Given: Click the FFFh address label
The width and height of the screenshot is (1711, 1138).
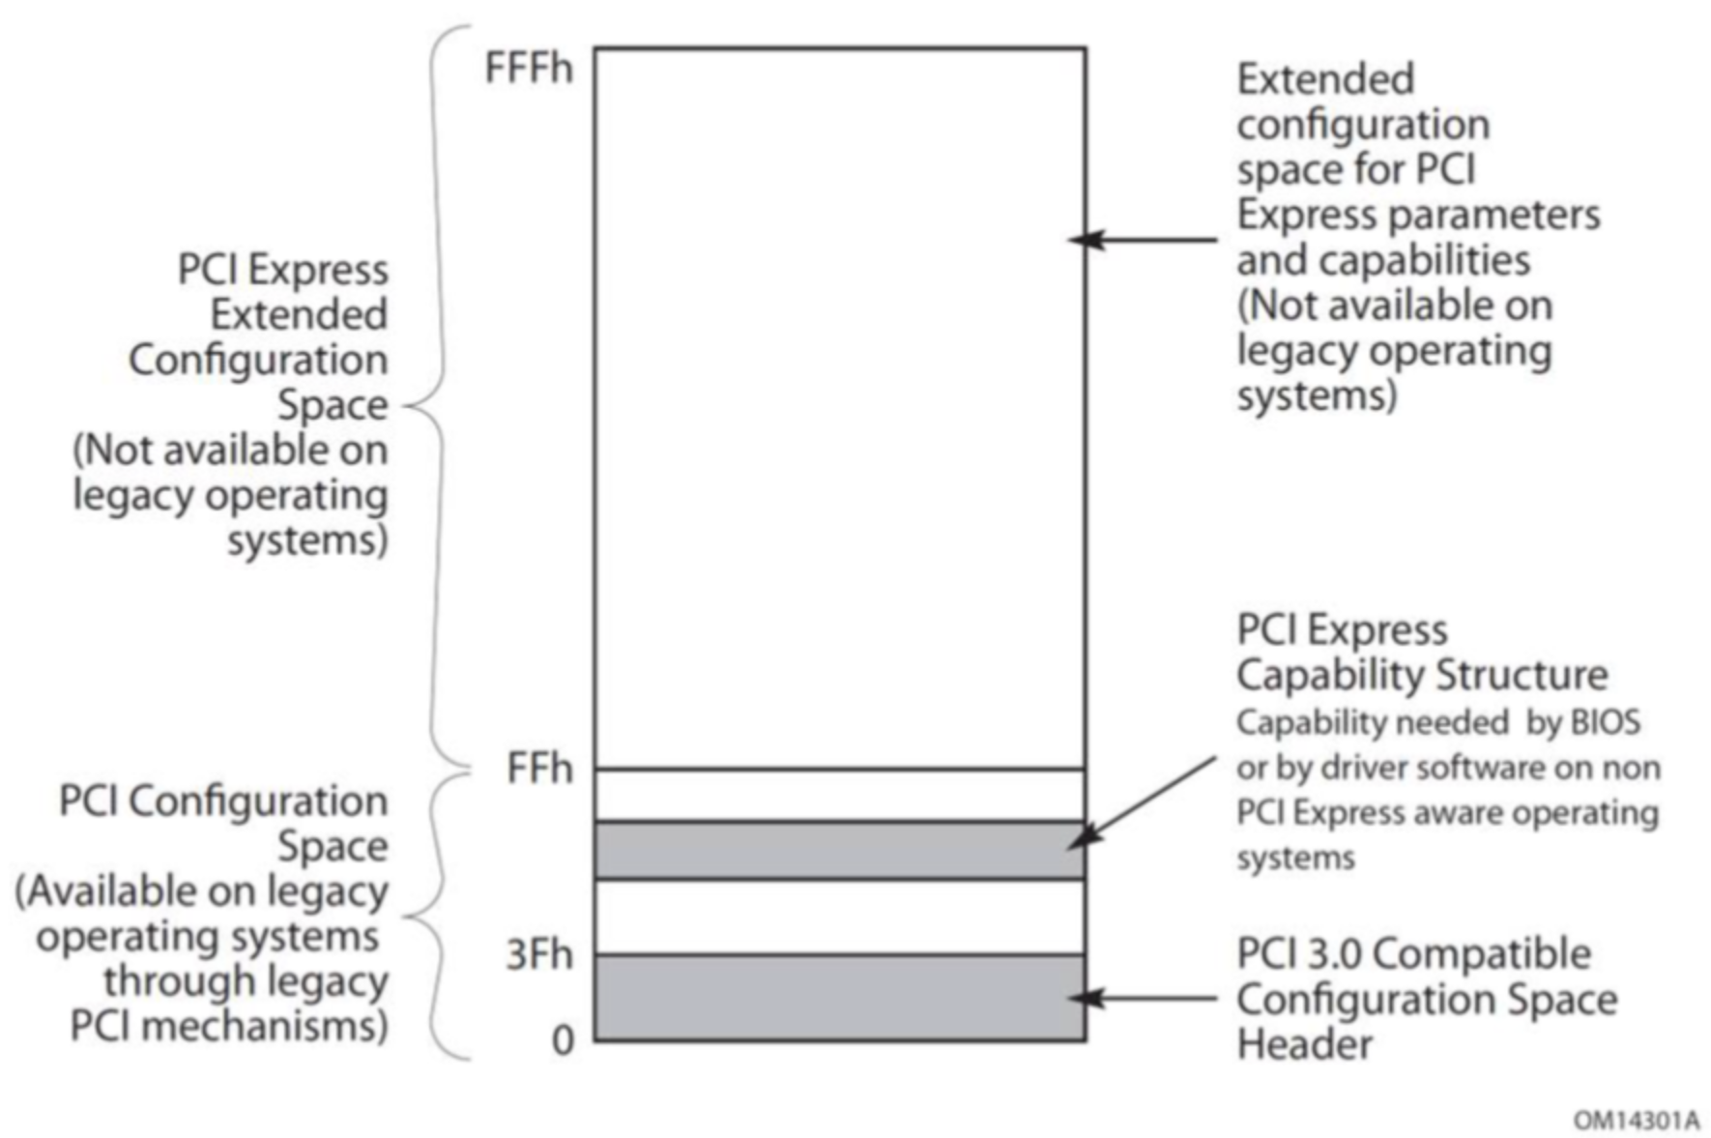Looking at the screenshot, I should [x=528, y=69].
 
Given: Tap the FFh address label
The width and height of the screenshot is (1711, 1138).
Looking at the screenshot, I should [x=539, y=770].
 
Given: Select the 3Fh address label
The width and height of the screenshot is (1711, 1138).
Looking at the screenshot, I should [x=539, y=955].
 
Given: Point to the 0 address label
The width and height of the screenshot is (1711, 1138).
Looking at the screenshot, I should [x=563, y=1041].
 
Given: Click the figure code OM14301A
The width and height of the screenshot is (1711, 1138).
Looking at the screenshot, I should [x=1636, y=1121].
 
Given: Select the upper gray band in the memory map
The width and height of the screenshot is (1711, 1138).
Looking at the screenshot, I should [x=839, y=850].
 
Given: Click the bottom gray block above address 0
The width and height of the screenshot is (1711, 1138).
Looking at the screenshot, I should [x=839, y=998].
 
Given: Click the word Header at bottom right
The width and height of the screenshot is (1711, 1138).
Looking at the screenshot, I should [x=1304, y=1044].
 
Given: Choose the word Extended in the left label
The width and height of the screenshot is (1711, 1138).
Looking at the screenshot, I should [x=299, y=314].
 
